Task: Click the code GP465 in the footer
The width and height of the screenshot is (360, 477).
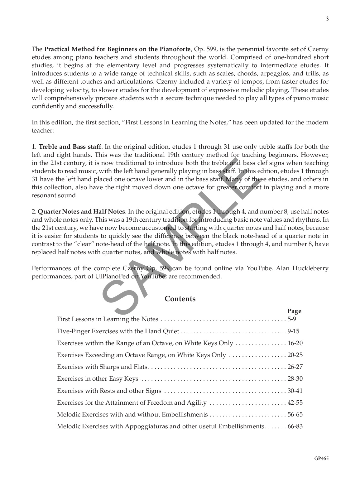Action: coord(321,458)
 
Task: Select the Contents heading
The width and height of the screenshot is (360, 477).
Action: coord(180,299)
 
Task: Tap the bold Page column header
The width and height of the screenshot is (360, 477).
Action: coord(294,311)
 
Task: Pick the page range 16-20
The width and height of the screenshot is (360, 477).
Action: coord(295,343)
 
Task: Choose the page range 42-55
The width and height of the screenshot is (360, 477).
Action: coord(295,402)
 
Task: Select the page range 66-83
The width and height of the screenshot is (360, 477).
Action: coord(295,426)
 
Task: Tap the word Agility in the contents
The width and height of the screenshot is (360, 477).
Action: coord(196,402)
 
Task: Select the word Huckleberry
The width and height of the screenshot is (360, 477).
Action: coord(308,268)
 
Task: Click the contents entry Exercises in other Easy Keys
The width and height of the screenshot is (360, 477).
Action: coord(98,379)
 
